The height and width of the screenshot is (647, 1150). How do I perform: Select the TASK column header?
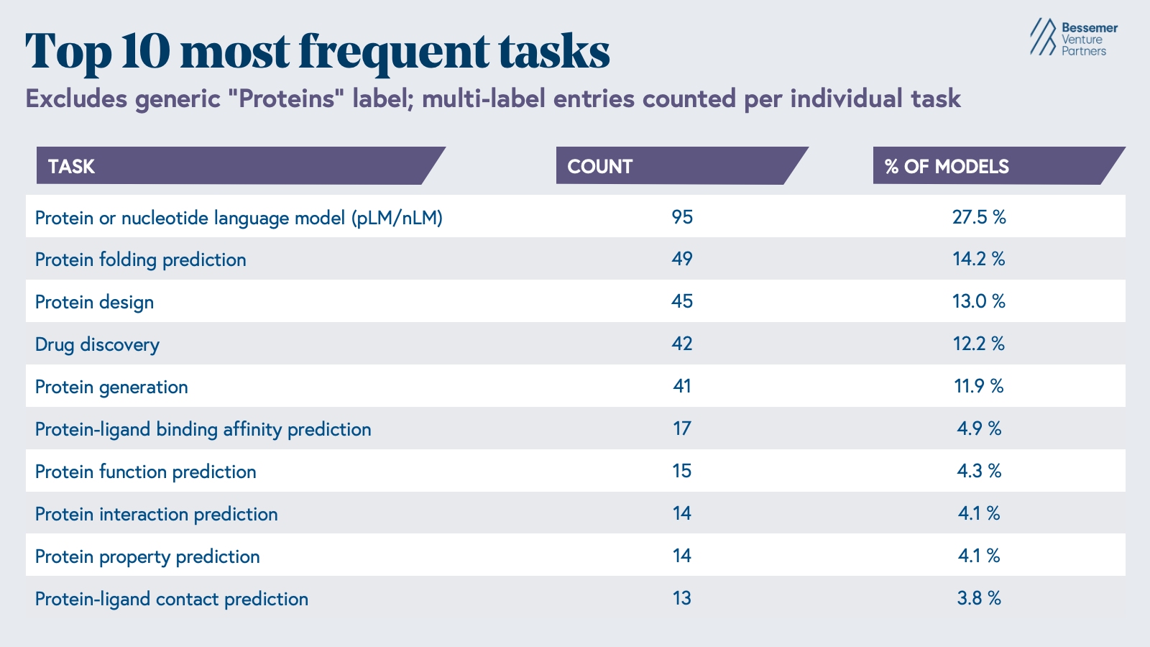pyautogui.click(x=72, y=166)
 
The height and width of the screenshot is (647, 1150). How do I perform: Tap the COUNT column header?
pyautogui.click(x=600, y=166)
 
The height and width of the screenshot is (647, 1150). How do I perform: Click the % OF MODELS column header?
pyautogui.click(x=947, y=166)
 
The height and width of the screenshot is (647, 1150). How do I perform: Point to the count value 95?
pyautogui.click(x=682, y=216)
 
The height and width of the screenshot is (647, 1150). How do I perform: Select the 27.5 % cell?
pyautogui.click(x=979, y=216)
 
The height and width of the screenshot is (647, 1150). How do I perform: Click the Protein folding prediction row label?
pyautogui.click(x=140, y=260)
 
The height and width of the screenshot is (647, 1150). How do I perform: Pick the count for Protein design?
pyautogui.click(x=682, y=301)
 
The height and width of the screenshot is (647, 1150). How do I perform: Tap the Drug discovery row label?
pyautogui.click(x=97, y=344)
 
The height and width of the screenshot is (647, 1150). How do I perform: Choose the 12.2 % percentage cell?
pyautogui.click(x=979, y=344)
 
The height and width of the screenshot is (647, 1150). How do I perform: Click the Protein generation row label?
pyautogui.click(x=111, y=387)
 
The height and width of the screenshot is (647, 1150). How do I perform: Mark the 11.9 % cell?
pyautogui.click(x=979, y=386)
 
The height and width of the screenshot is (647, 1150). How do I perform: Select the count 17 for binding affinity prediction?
pyautogui.click(x=682, y=428)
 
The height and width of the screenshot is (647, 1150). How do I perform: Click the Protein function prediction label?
pyautogui.click(x=145, y=472)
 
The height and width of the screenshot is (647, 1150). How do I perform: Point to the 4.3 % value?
pyautogui.click(x=979, y=471)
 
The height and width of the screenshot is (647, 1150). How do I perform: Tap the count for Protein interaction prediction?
pyautogui.click(x=682, y=513)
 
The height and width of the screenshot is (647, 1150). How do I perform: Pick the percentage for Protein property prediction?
pyautogui.click(x=979, y=556)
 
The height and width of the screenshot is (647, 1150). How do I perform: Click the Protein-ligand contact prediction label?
pyautogui.click(x=171, y=599)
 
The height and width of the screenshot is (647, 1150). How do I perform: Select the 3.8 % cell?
pyautogui.click(x=979, y=598)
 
